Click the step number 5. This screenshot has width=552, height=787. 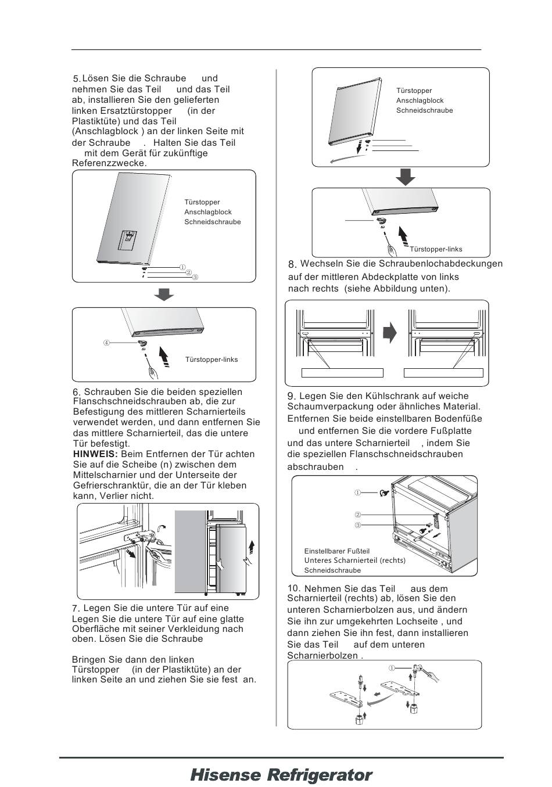(76, 79)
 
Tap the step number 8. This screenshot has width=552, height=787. (292, 265)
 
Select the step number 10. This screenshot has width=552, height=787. (293, 588)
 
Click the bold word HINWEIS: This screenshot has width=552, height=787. (95, 454)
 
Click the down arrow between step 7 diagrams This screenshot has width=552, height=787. (405, 177)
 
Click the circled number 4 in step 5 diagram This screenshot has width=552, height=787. (106, 343)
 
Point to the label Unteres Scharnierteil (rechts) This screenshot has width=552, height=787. (354, 560)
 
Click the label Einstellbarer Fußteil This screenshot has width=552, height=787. (336, 551)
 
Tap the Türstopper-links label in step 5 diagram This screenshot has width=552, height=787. (212, 360)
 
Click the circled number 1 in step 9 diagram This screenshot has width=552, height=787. (358, 493)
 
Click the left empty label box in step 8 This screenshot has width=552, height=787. (342, 373)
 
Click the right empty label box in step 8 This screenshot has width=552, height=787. (443, 373)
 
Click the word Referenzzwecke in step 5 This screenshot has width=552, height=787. (108, 164)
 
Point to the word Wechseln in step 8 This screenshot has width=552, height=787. (320, 264)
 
